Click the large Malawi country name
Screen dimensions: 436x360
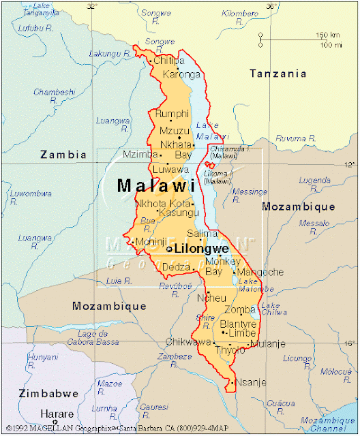pyautogui.click(x=156, y=185)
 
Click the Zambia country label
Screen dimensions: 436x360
pyautogui.click(x=63, y=155)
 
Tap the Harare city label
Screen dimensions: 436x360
pyautogui.click(x=57, y=414)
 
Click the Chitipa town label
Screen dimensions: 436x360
pyautogui.click(x=169, y=61)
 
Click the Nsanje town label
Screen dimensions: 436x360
pyautogui.click(x=252, y=382)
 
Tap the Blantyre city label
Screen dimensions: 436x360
pyautogui.click(x=238, y=324)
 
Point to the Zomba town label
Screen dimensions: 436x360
pyautogui.click(x=244, y=309)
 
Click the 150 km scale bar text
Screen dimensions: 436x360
pyautogui.click(x=328, y=35)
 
